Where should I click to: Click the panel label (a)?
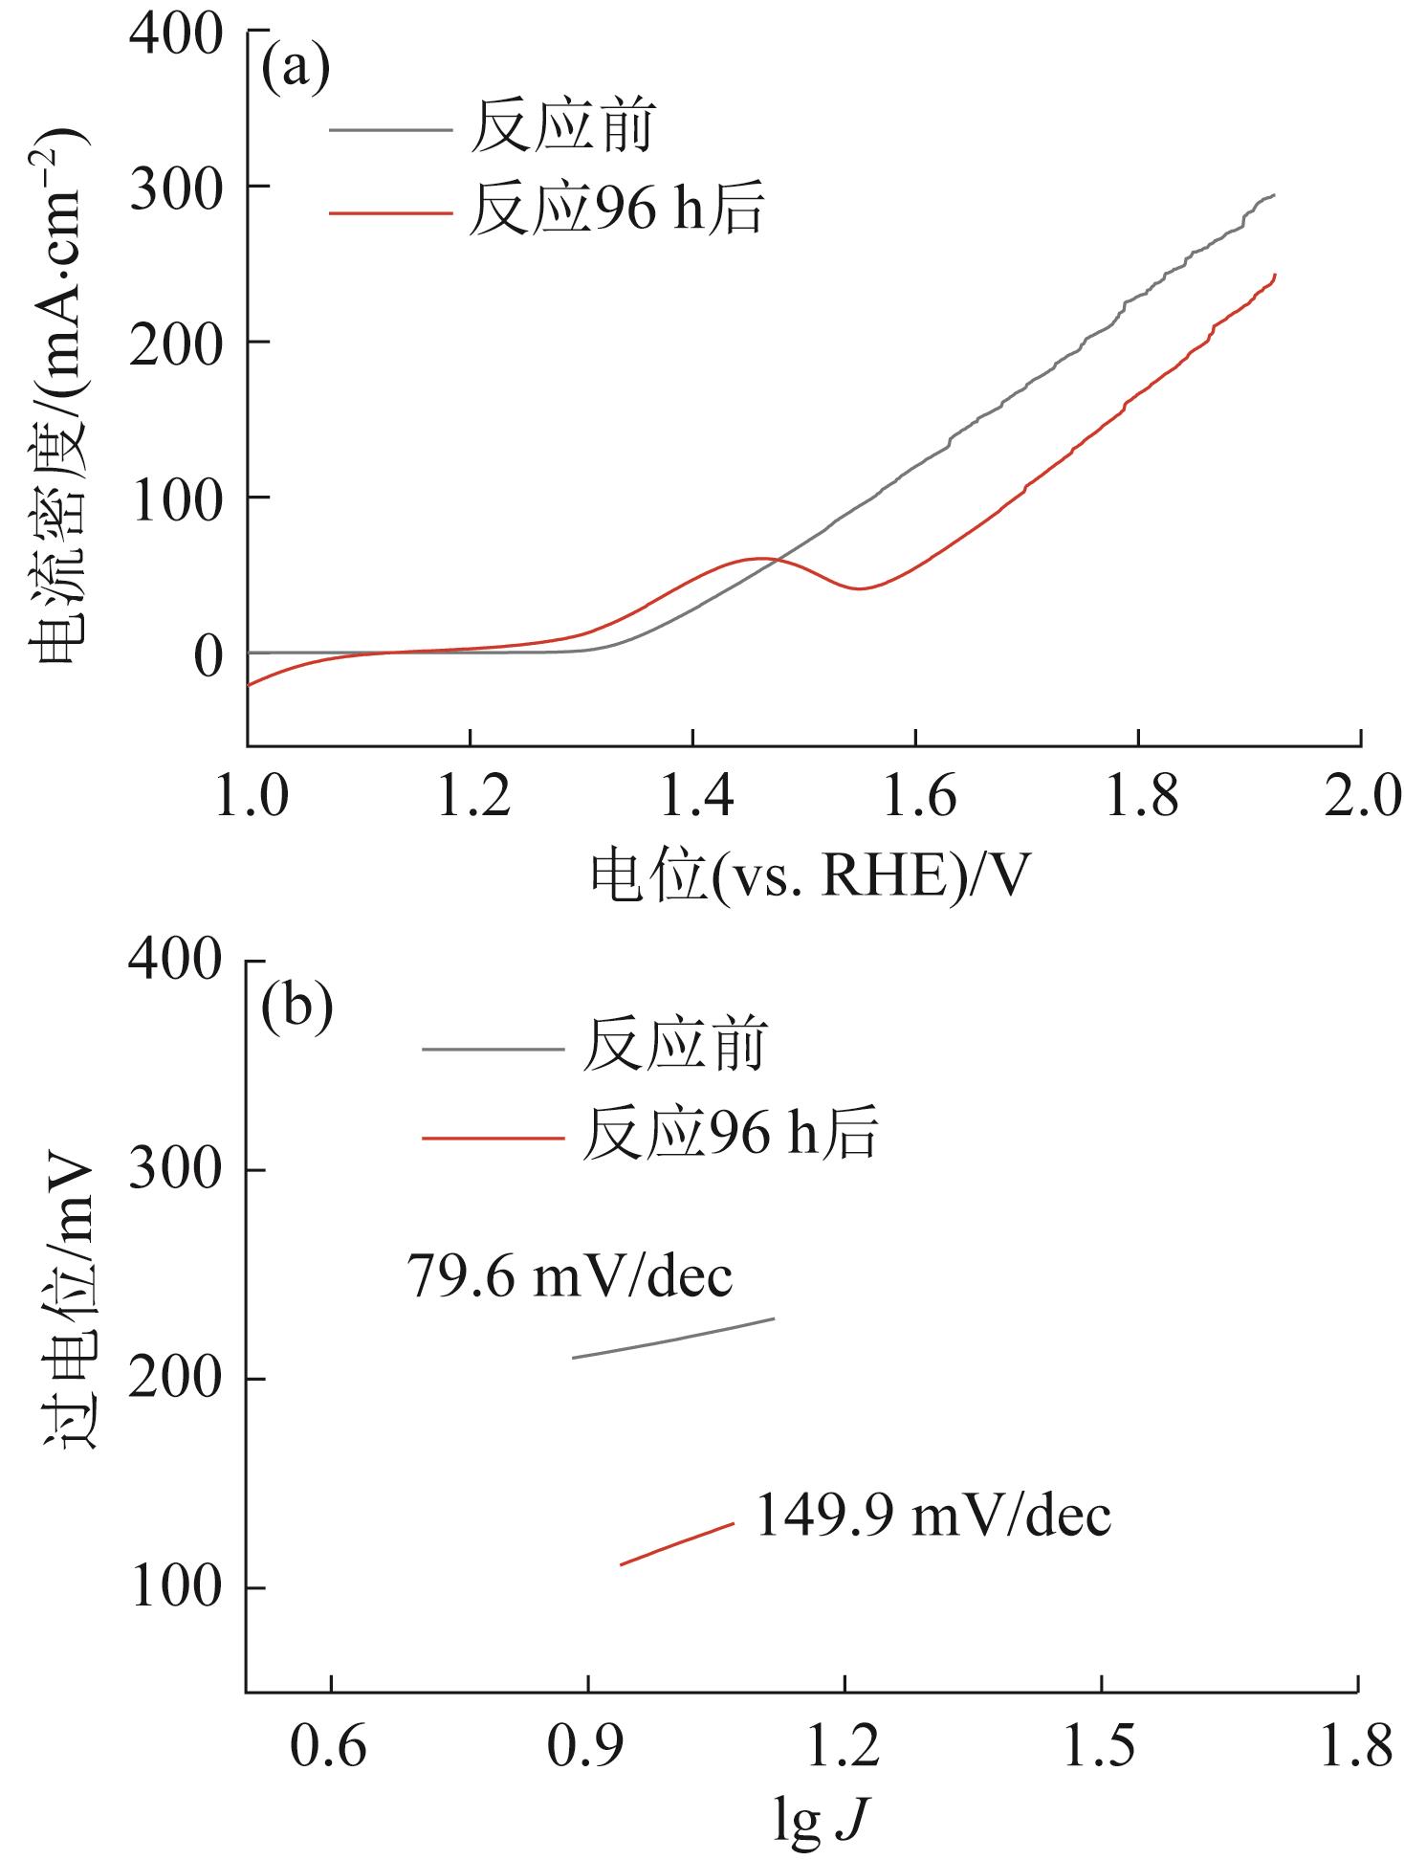coord(296,70)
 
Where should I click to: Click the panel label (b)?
coord(297,1007)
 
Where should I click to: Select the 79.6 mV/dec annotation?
coord(570,1275)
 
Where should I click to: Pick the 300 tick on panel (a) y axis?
coord(176,187)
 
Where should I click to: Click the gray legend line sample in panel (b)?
coord(493,1049)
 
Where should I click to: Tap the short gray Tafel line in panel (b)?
coord(672,1338)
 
